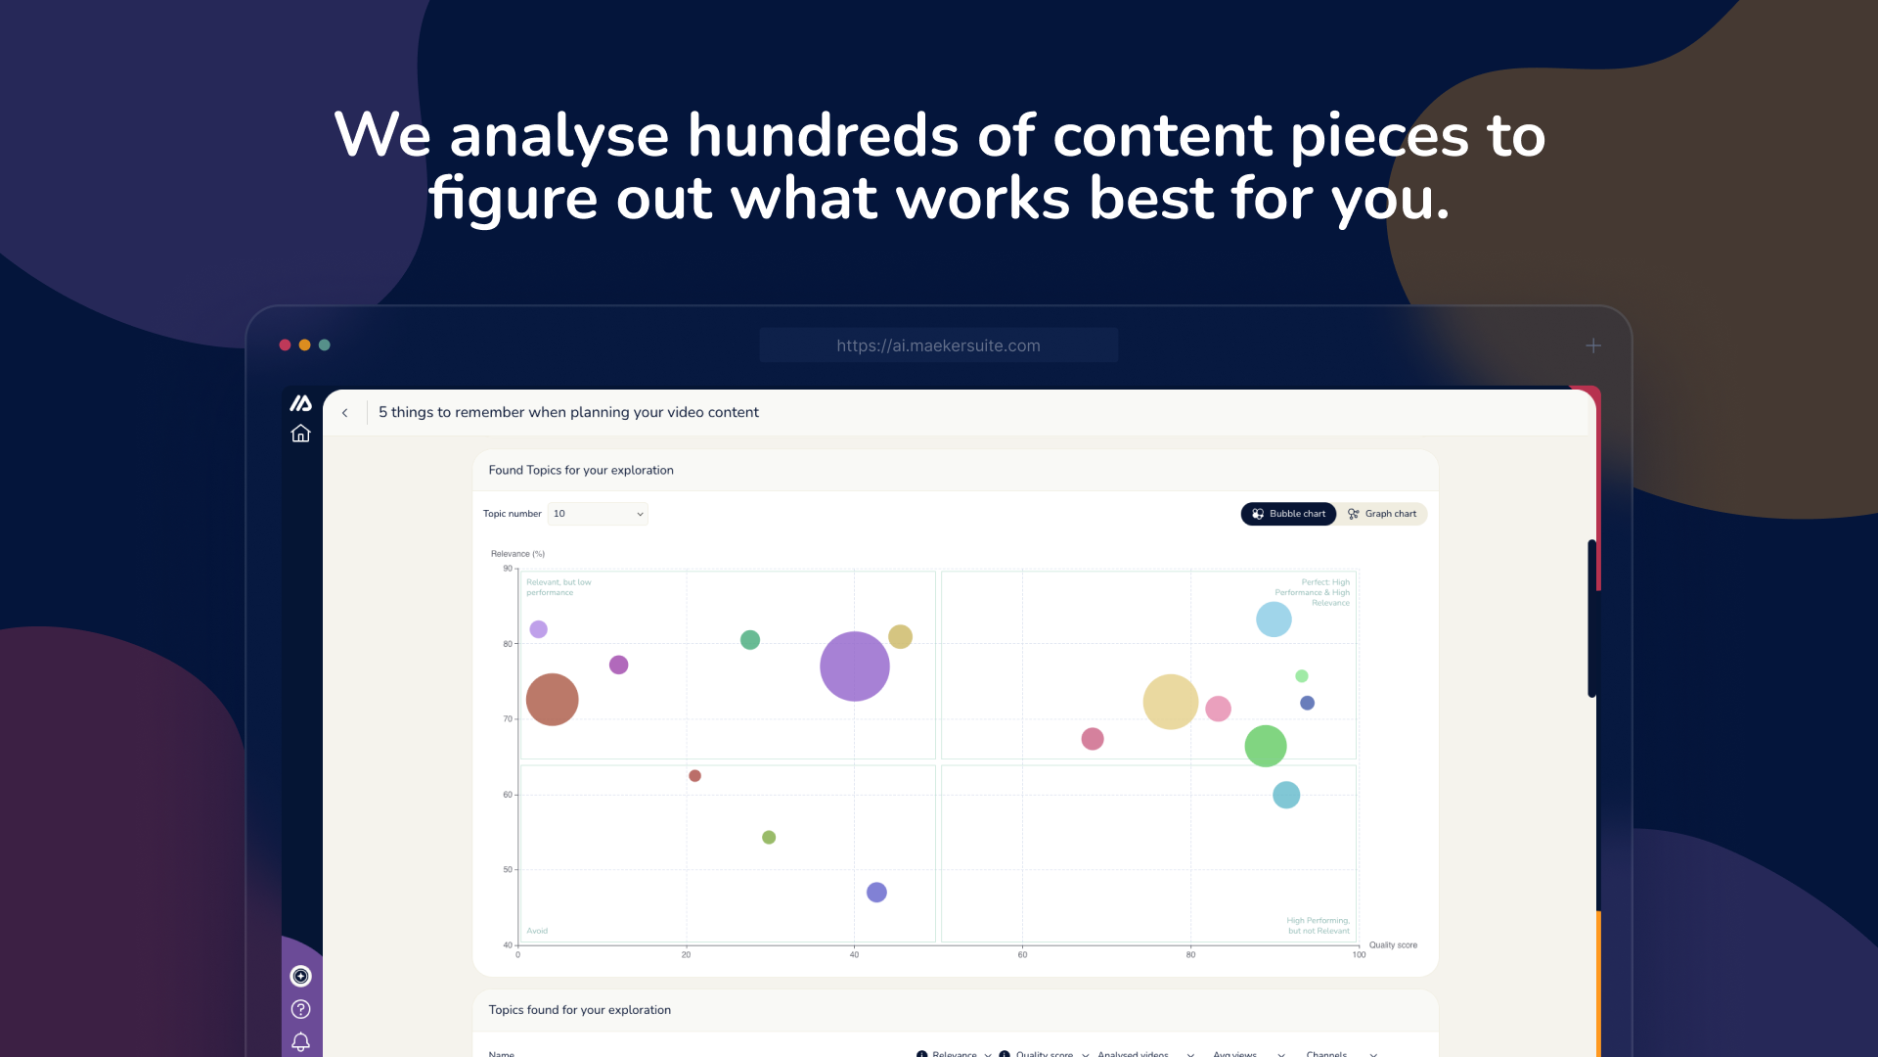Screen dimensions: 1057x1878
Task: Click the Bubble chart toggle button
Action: [1288, 514]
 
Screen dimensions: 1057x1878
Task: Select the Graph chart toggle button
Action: [1382, 514]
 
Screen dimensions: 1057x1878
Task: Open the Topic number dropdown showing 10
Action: [598, 514]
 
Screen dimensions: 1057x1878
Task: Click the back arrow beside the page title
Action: [345, 413]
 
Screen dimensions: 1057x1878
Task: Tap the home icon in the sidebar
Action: [300, 434]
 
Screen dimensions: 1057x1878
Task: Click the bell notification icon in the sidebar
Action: [300, 1042]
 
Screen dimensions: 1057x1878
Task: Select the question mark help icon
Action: [300, 1009]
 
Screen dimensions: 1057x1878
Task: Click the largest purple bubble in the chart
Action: [854, 666]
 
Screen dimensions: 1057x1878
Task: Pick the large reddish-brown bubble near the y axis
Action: [552, 700]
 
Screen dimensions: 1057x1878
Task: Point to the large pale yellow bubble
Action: [1170, 702]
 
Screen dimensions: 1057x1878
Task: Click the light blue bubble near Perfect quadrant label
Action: [1274, 620]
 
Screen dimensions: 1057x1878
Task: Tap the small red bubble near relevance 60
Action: [694, 776]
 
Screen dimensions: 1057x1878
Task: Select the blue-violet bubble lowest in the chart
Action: [876, 893]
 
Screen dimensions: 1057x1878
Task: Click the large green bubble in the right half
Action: [1265, 747]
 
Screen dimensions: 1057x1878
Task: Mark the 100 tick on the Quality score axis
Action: [1359, 954]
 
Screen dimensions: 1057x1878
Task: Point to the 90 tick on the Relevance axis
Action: [508, 569]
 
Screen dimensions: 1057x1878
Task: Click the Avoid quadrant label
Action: [537, 931]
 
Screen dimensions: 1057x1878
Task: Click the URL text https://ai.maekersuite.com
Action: [938, 345]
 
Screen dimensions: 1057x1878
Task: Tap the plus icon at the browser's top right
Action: [1593, 345]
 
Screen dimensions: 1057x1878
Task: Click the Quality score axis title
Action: [1393, 945]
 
